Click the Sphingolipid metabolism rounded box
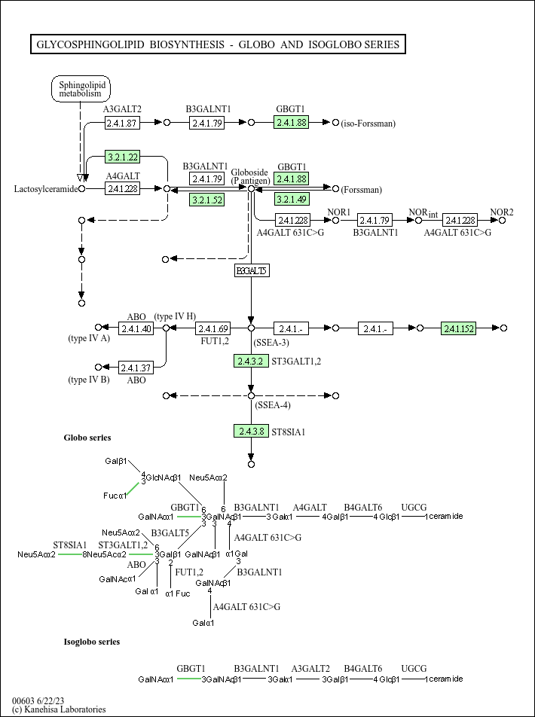81,89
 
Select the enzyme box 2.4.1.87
122,123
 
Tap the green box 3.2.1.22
122,157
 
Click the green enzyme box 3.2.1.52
207,200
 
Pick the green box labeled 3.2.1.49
292,199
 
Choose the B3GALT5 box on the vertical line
251,270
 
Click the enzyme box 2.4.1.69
212,328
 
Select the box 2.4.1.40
136,328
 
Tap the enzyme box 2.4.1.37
136,368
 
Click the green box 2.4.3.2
251,361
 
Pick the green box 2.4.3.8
251,432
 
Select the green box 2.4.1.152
458,328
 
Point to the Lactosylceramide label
46,189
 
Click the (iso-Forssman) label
368,124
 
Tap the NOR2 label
502,212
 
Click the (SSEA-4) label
272,405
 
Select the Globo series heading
87,438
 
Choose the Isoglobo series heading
91,642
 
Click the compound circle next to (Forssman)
335,189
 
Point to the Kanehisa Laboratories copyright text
59,709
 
